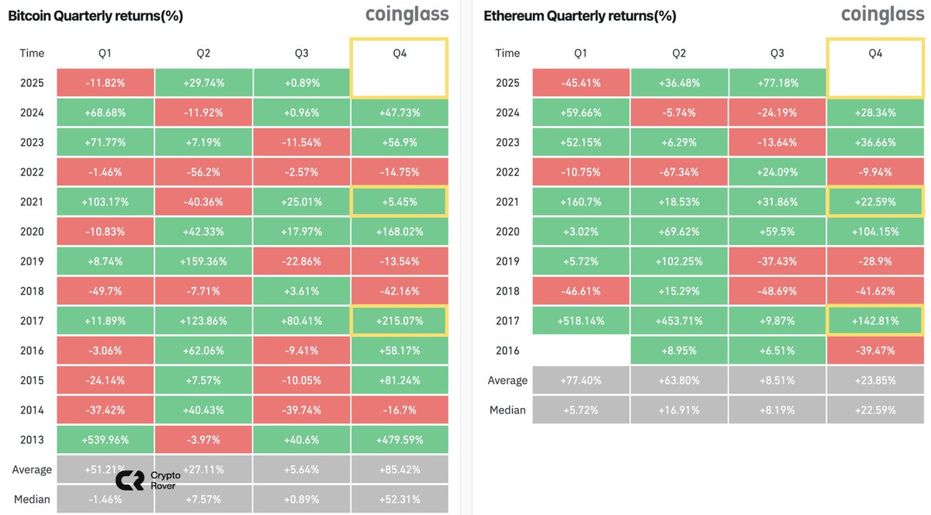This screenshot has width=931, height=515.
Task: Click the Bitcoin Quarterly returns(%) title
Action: [95, 16]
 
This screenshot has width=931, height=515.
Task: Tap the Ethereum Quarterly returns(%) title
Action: [580, 16]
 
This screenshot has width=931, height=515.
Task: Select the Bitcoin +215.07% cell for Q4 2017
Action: [400, 321]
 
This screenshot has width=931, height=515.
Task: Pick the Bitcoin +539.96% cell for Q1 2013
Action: [106, 440]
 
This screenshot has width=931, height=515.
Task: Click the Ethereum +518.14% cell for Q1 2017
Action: [581, 321]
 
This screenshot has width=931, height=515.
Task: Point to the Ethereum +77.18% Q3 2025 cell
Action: [777, 83]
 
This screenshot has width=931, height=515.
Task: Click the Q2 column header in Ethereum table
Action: [679, 53]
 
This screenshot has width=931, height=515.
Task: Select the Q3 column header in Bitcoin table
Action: [302, 53]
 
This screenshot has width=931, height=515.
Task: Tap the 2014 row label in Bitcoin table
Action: [32, 410]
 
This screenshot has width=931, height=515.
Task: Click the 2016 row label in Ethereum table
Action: [507, 351]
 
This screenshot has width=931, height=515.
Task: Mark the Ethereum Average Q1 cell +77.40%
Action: [581, 380]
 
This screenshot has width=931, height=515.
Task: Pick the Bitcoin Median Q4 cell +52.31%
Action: [400, 499]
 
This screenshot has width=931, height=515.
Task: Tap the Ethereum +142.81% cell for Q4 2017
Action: [875, 321]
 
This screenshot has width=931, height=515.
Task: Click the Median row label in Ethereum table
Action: [507, 410]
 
